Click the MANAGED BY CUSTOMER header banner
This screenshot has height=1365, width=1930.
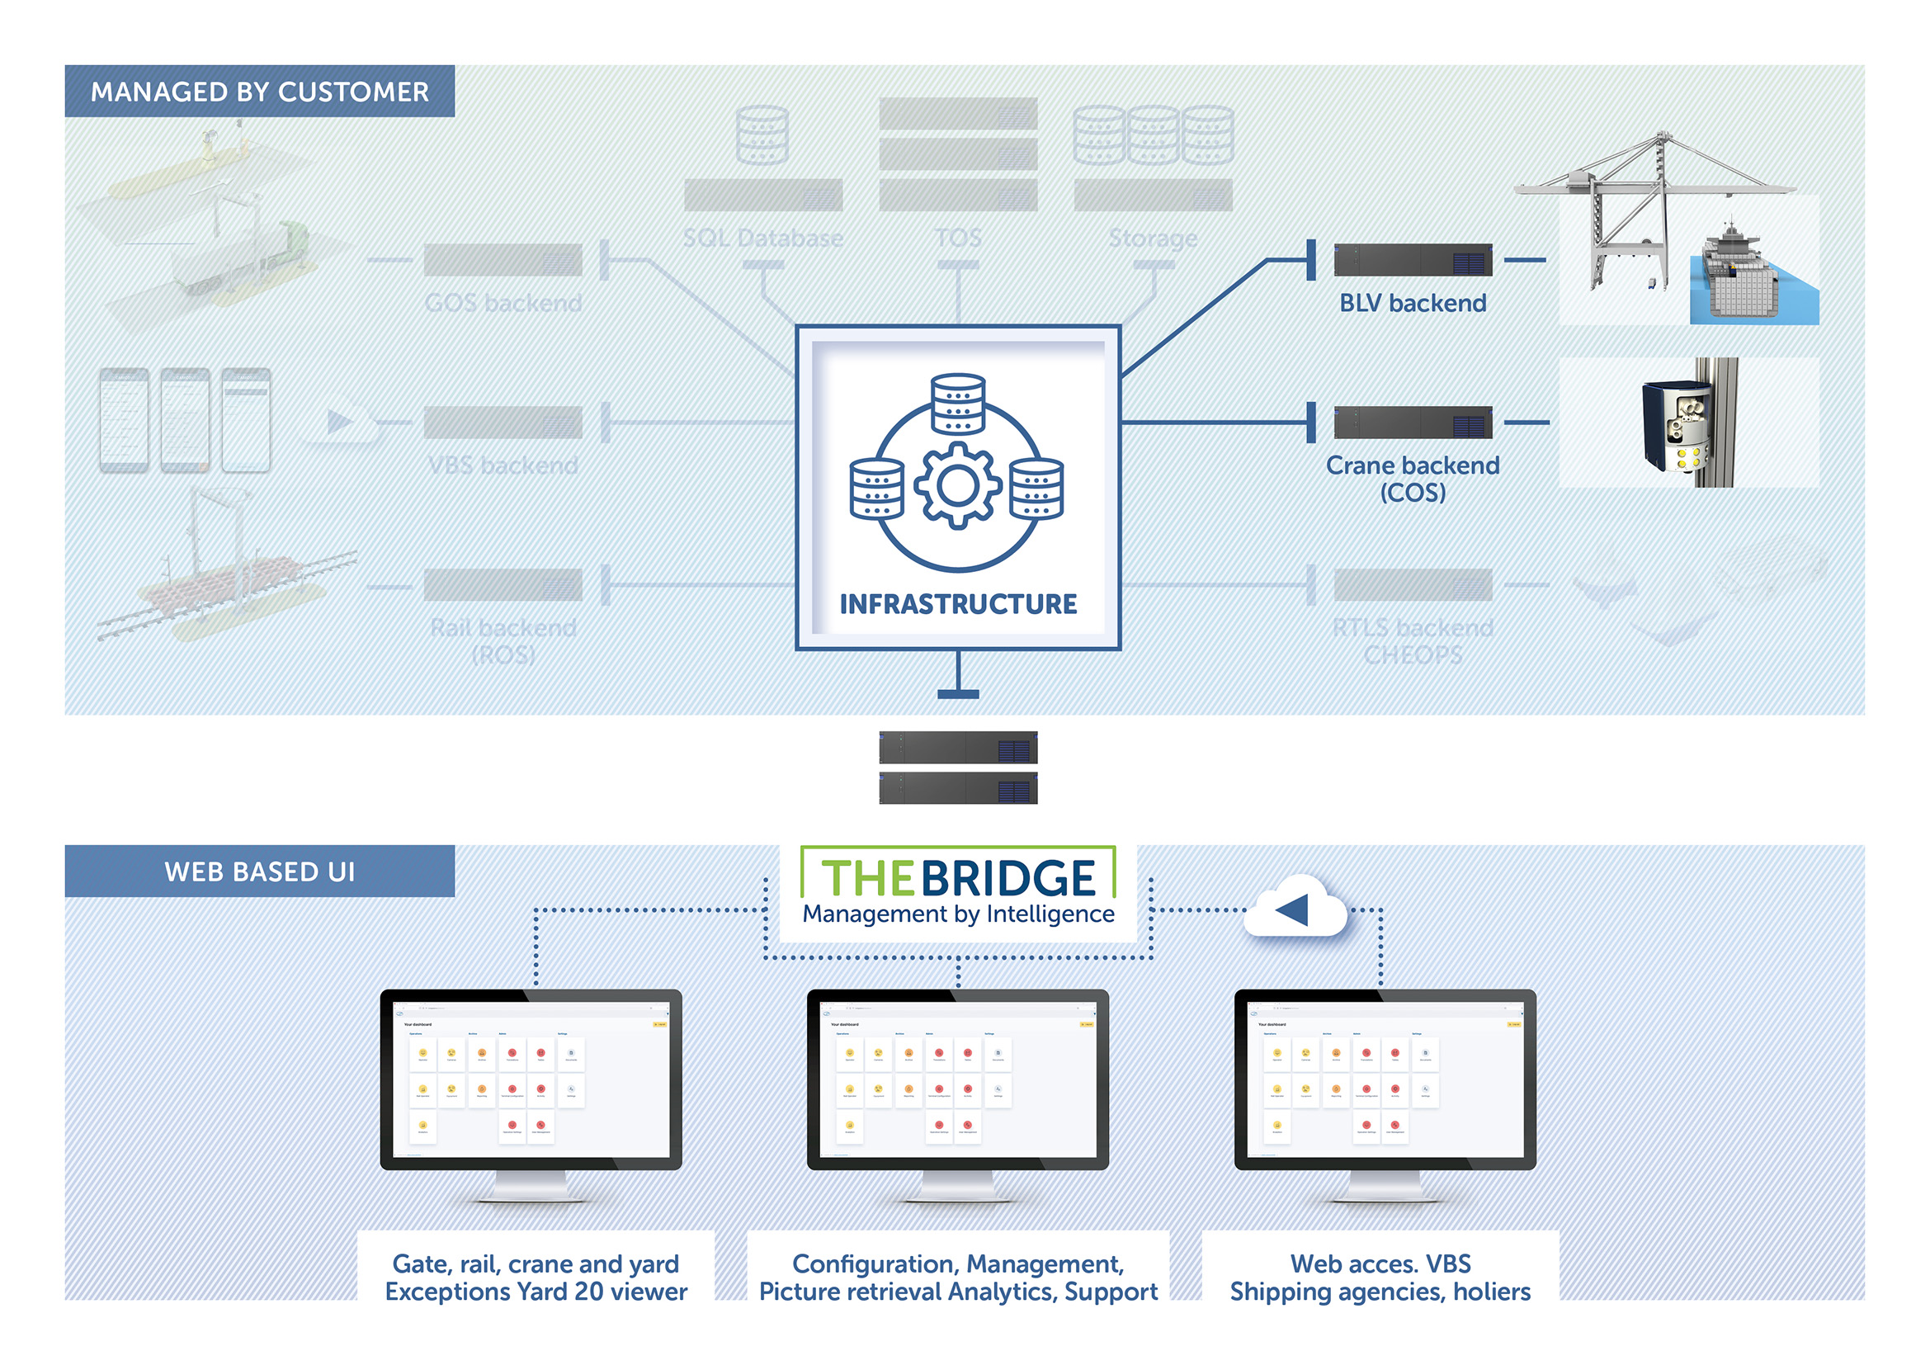click(259, 91)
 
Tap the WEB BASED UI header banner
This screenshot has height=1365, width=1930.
click(259, 871)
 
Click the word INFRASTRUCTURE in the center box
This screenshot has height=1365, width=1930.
click(957, 603)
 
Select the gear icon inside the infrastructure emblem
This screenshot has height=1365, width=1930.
click(957, 486)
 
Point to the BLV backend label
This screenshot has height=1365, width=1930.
click(1412, 303)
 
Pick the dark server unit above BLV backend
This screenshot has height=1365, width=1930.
click(1412, 260)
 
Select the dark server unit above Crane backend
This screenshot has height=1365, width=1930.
click(1412, 422)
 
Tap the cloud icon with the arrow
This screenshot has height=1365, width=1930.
click(1295, 909)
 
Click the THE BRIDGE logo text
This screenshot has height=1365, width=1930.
click(957, 877)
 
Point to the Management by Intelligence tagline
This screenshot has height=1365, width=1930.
click(957, 914)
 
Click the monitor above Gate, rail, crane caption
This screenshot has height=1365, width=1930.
click(531, 1080)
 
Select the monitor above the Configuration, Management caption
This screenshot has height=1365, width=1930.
click(957, 1080)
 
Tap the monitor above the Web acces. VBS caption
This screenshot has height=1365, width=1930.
click(1385, 1080)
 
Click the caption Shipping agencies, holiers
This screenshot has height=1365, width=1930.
click(1380, 1291)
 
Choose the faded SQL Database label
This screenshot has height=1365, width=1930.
click(762, 238)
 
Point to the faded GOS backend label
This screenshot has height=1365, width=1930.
click(503, 303)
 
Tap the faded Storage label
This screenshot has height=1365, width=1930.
click(1153, 238)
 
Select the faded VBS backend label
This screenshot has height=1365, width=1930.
click(503, 465)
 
